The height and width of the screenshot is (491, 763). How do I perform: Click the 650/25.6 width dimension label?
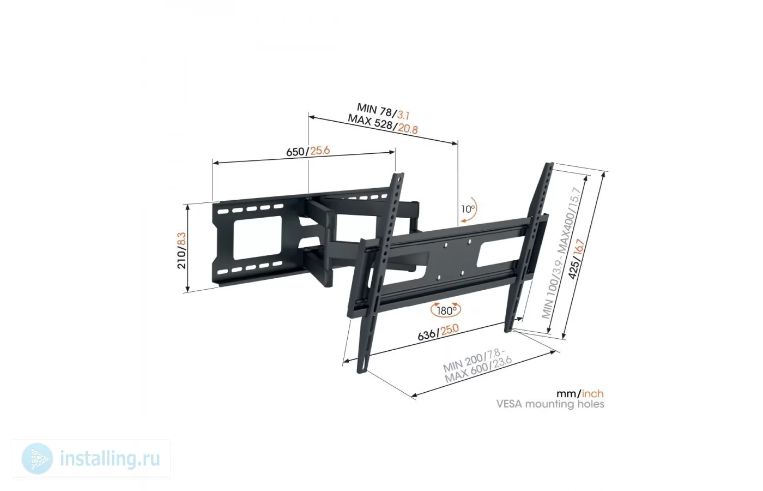308,151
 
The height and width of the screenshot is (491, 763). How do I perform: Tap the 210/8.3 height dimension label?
182,250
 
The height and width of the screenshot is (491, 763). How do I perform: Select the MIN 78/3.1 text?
383,111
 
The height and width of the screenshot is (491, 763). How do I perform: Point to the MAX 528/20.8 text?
383,124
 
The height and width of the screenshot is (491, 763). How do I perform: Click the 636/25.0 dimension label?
438,332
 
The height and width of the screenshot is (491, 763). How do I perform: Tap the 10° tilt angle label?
468,208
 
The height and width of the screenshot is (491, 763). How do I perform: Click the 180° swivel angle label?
446,310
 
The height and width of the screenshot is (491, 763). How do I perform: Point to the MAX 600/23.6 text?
479,370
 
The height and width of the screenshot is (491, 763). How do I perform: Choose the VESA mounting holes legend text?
550,404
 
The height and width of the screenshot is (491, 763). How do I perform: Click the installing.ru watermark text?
110,459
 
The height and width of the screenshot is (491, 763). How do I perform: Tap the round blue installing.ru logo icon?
37,459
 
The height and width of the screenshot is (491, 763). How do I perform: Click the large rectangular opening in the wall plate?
258,236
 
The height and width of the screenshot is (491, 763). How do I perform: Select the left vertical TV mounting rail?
380,273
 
